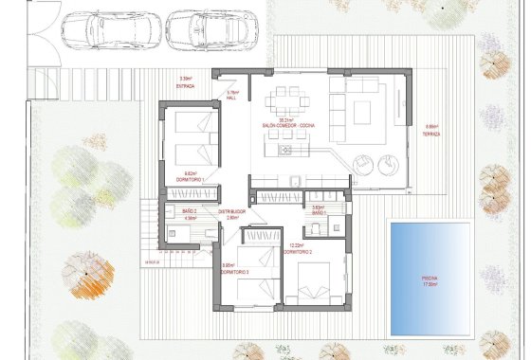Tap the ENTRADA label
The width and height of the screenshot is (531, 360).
(x=185, y=86)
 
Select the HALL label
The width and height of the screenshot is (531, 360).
(x=230, y=98)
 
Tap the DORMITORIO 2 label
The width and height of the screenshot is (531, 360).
(x=298, y=252)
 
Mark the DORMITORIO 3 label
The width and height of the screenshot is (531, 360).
(x=234, y=271)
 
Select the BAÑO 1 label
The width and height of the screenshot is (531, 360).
(x=318, y=213)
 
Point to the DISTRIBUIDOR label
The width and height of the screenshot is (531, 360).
(x=232, y=210)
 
